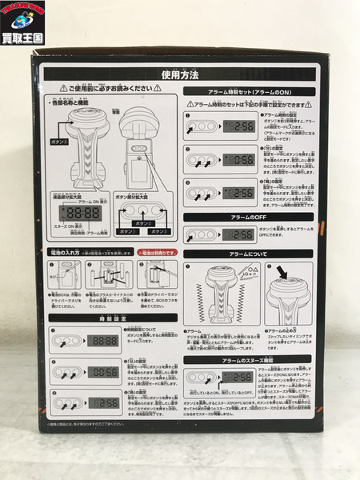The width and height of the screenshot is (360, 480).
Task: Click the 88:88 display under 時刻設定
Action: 103,340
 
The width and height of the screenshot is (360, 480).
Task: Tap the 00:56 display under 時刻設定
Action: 103,372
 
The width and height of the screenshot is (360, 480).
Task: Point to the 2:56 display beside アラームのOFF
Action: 238,234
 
